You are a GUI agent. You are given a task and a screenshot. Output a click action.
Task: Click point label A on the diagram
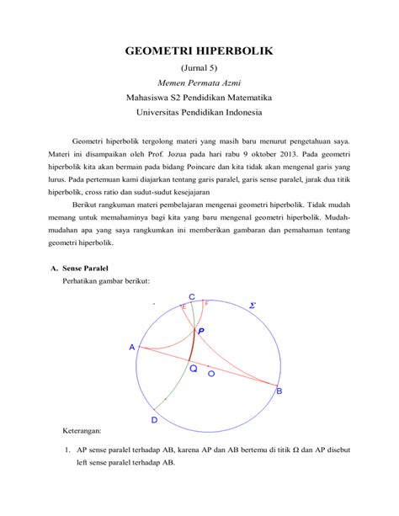tap(132, 347)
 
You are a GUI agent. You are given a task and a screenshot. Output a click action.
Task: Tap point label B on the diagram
tap(279, 391)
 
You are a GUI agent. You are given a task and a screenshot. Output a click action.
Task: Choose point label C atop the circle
tap(193, 296)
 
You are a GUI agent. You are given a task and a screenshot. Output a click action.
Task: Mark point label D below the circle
tap(154, 420)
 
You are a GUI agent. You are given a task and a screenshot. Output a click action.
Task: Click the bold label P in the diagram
tap(201, 332)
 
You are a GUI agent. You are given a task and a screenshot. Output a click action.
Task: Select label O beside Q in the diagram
tap(210, 372)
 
